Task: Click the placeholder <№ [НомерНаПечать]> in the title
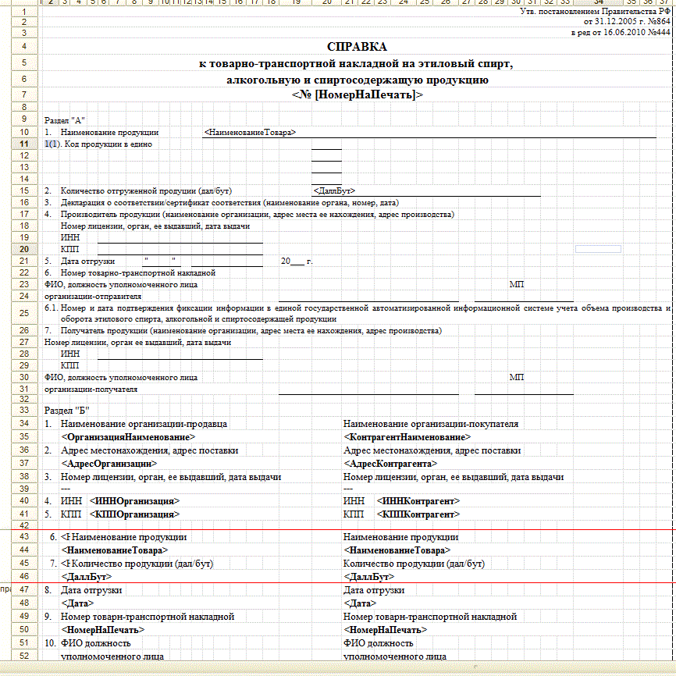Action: point(357,94)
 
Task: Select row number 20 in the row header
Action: point(25,249)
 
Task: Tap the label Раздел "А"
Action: point(64,120)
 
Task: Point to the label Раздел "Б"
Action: point(67,410)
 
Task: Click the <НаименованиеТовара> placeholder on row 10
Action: point(250,133)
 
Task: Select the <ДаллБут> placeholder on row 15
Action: point(334,190)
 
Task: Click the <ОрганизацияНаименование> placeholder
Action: point(129,437)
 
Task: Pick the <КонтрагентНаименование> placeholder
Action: point(407,437)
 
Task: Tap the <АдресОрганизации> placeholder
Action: point(106,463)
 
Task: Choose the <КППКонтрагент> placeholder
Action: point(418,515)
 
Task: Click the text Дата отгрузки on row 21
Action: point(87,261)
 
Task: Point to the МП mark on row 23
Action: point(516,284)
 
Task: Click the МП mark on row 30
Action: point(516,377)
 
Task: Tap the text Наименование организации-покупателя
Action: point(431,424)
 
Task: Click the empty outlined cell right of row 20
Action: point(597,249)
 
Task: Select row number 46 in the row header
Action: point(25,577)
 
